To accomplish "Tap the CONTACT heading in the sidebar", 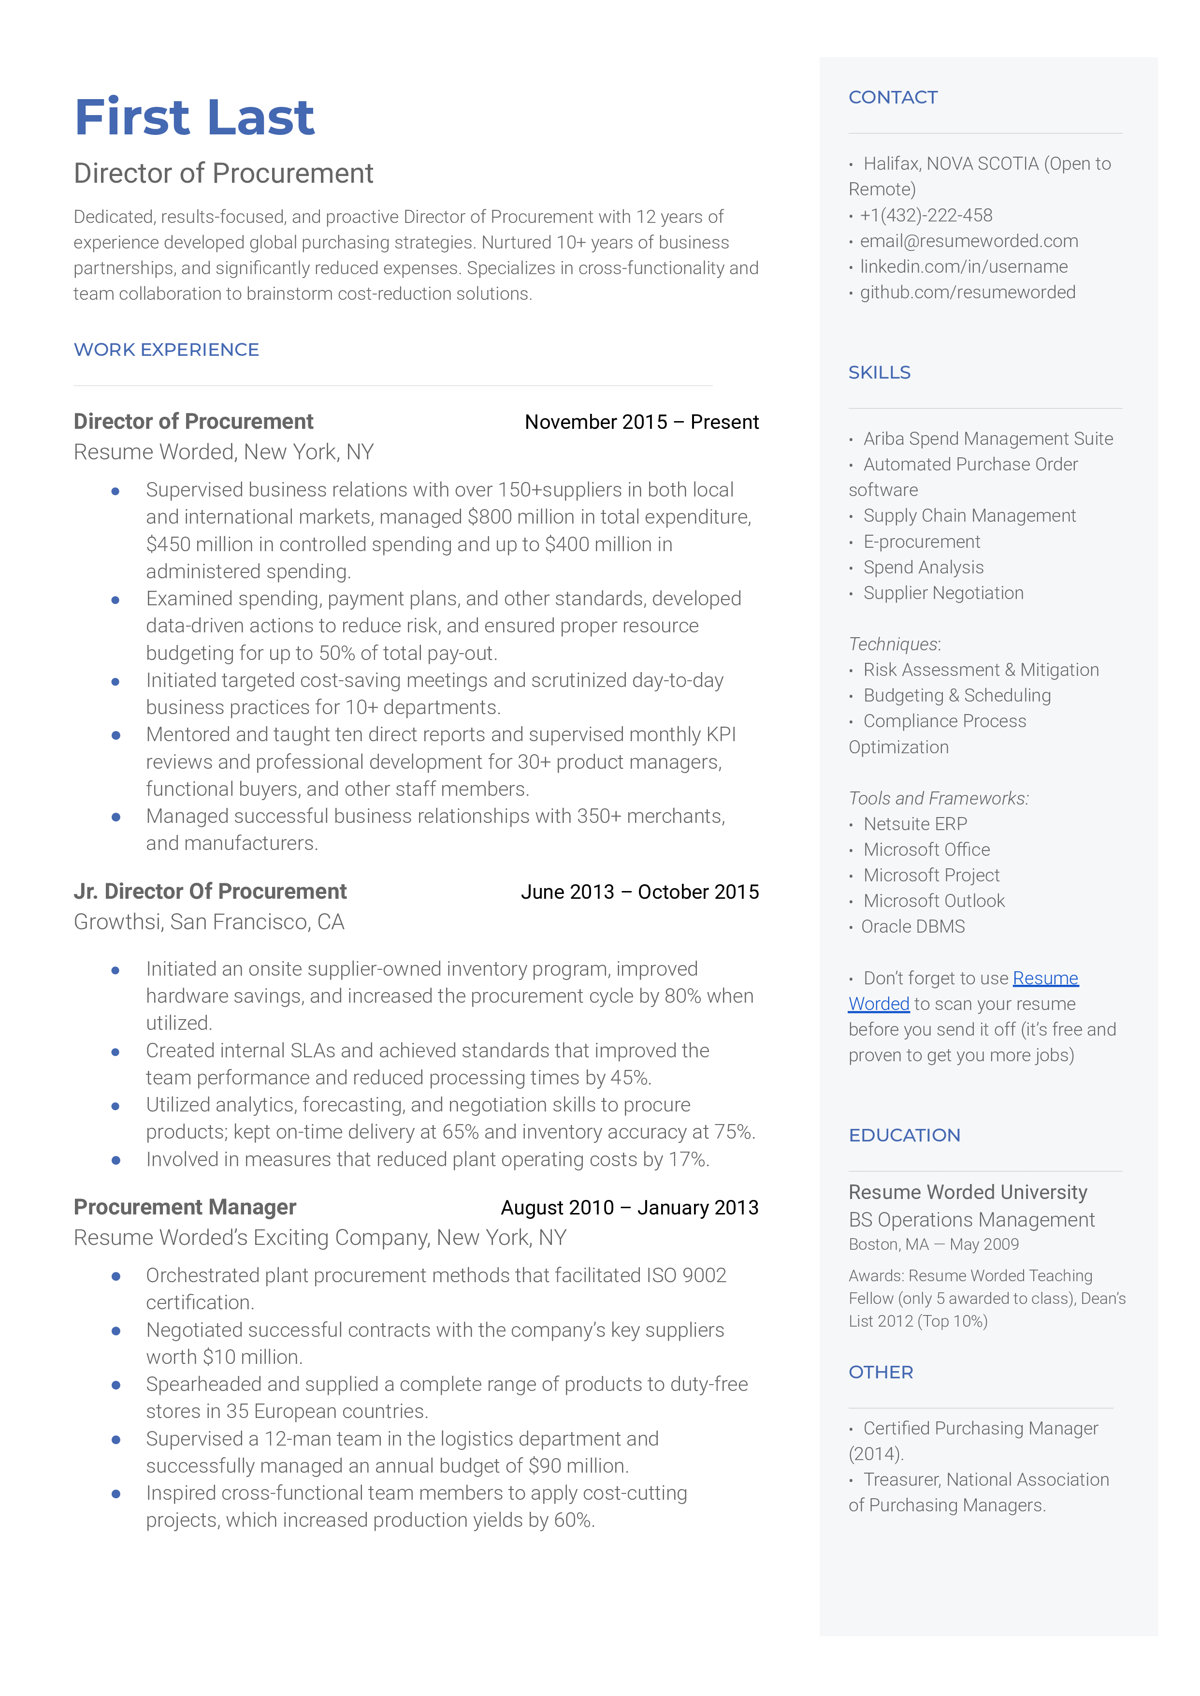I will (893, 98).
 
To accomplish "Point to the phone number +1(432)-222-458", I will (926, 215).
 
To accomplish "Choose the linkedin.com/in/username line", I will (964, 267).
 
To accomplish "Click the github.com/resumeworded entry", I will (967, 292).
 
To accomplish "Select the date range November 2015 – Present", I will (641, 422).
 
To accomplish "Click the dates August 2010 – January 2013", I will (630, 1208).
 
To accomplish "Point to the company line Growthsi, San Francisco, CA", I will (209, 922).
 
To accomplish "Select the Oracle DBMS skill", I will (912, 927).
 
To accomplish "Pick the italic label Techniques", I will (893, 644).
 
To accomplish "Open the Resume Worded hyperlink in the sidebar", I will (1045, 979).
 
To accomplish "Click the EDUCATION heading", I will (904, 1135).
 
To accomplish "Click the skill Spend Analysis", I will (923, 568).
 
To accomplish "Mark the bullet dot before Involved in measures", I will (116, 1160).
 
